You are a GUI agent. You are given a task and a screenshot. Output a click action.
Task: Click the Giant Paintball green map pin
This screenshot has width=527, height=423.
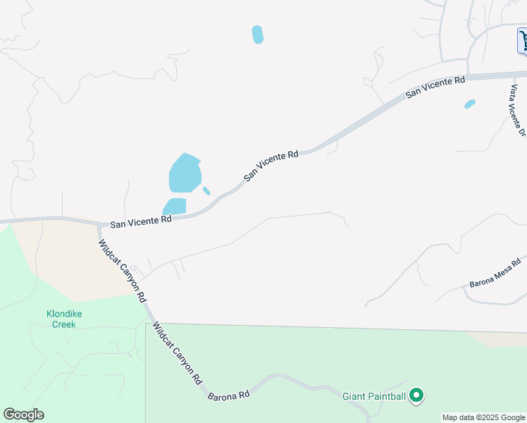(x=416, y=396)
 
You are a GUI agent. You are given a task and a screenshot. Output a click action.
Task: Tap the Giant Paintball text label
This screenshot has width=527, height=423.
(x=374, y=397)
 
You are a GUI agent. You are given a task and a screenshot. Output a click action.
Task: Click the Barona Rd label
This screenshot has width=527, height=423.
(x=229, y=396)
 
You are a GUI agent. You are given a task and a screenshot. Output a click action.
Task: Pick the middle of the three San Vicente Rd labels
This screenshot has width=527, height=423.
(x=271, y=164)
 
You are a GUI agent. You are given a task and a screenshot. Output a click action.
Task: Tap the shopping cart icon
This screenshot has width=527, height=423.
(x=523, y=39)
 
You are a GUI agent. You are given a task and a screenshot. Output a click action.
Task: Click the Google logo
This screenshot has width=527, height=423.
(x=23, y=415)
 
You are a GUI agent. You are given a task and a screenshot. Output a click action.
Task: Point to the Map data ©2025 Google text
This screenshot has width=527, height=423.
(x=483, y=417)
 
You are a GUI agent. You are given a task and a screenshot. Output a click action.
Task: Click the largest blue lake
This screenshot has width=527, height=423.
(x=185, y=173)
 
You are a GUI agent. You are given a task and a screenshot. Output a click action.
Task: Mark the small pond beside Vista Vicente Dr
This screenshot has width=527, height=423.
(x=470, y=104)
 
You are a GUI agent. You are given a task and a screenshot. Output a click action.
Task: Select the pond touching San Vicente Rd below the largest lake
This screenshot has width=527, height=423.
(x=175, y=207)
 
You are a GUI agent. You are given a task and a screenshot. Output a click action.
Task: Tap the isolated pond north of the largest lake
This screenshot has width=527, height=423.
(x=258, y=35)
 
